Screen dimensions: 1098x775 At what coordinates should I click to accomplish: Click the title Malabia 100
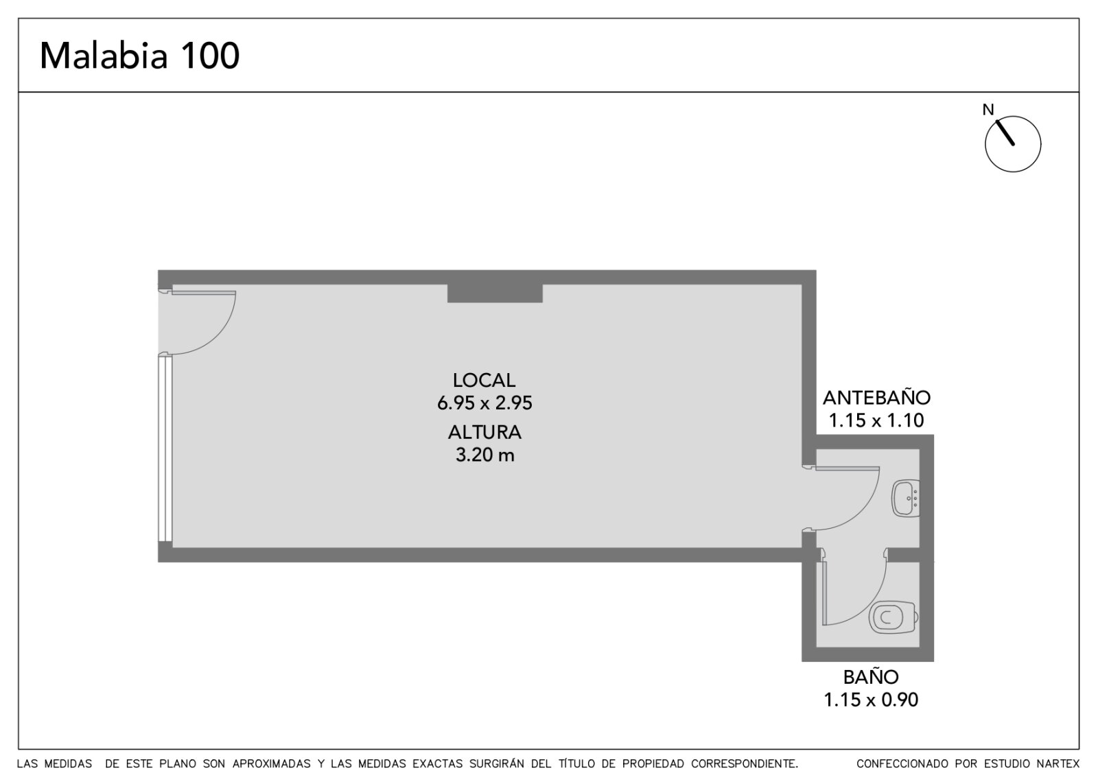click(x=140, y=56)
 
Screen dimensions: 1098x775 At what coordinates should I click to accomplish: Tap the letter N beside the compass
click(x=988, y=110)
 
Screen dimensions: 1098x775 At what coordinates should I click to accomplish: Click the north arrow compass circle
click(x=1013, y=144)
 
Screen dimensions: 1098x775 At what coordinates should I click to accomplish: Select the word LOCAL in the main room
click(x=484, y=380)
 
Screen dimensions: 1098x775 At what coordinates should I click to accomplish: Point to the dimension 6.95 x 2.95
click(x=484, y=403)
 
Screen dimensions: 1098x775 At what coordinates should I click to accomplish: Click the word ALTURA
click(x=484, y=432)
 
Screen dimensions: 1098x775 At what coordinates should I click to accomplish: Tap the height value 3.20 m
click(x=484, y=455)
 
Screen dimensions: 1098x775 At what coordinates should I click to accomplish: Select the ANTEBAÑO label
click(x=876, y=397)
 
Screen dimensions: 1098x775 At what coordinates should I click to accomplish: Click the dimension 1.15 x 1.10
click(x=876, y=420)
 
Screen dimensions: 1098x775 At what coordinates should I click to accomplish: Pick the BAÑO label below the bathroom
click(x=871, y=677)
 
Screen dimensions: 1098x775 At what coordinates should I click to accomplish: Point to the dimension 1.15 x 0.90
click(x=871, y=700)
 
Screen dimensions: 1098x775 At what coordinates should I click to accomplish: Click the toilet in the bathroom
click(x=893, y=618)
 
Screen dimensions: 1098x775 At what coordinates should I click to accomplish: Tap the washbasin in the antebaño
click(x=906, y=498)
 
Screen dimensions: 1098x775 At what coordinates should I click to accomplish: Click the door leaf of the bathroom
click(x=824, y=593)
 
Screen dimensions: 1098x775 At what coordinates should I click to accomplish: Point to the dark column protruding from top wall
click(x=495, y=293)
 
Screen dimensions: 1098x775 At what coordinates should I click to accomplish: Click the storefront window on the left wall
click(x=165, y=449)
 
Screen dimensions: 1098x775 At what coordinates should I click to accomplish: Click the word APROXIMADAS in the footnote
click(x=271, y=764)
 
